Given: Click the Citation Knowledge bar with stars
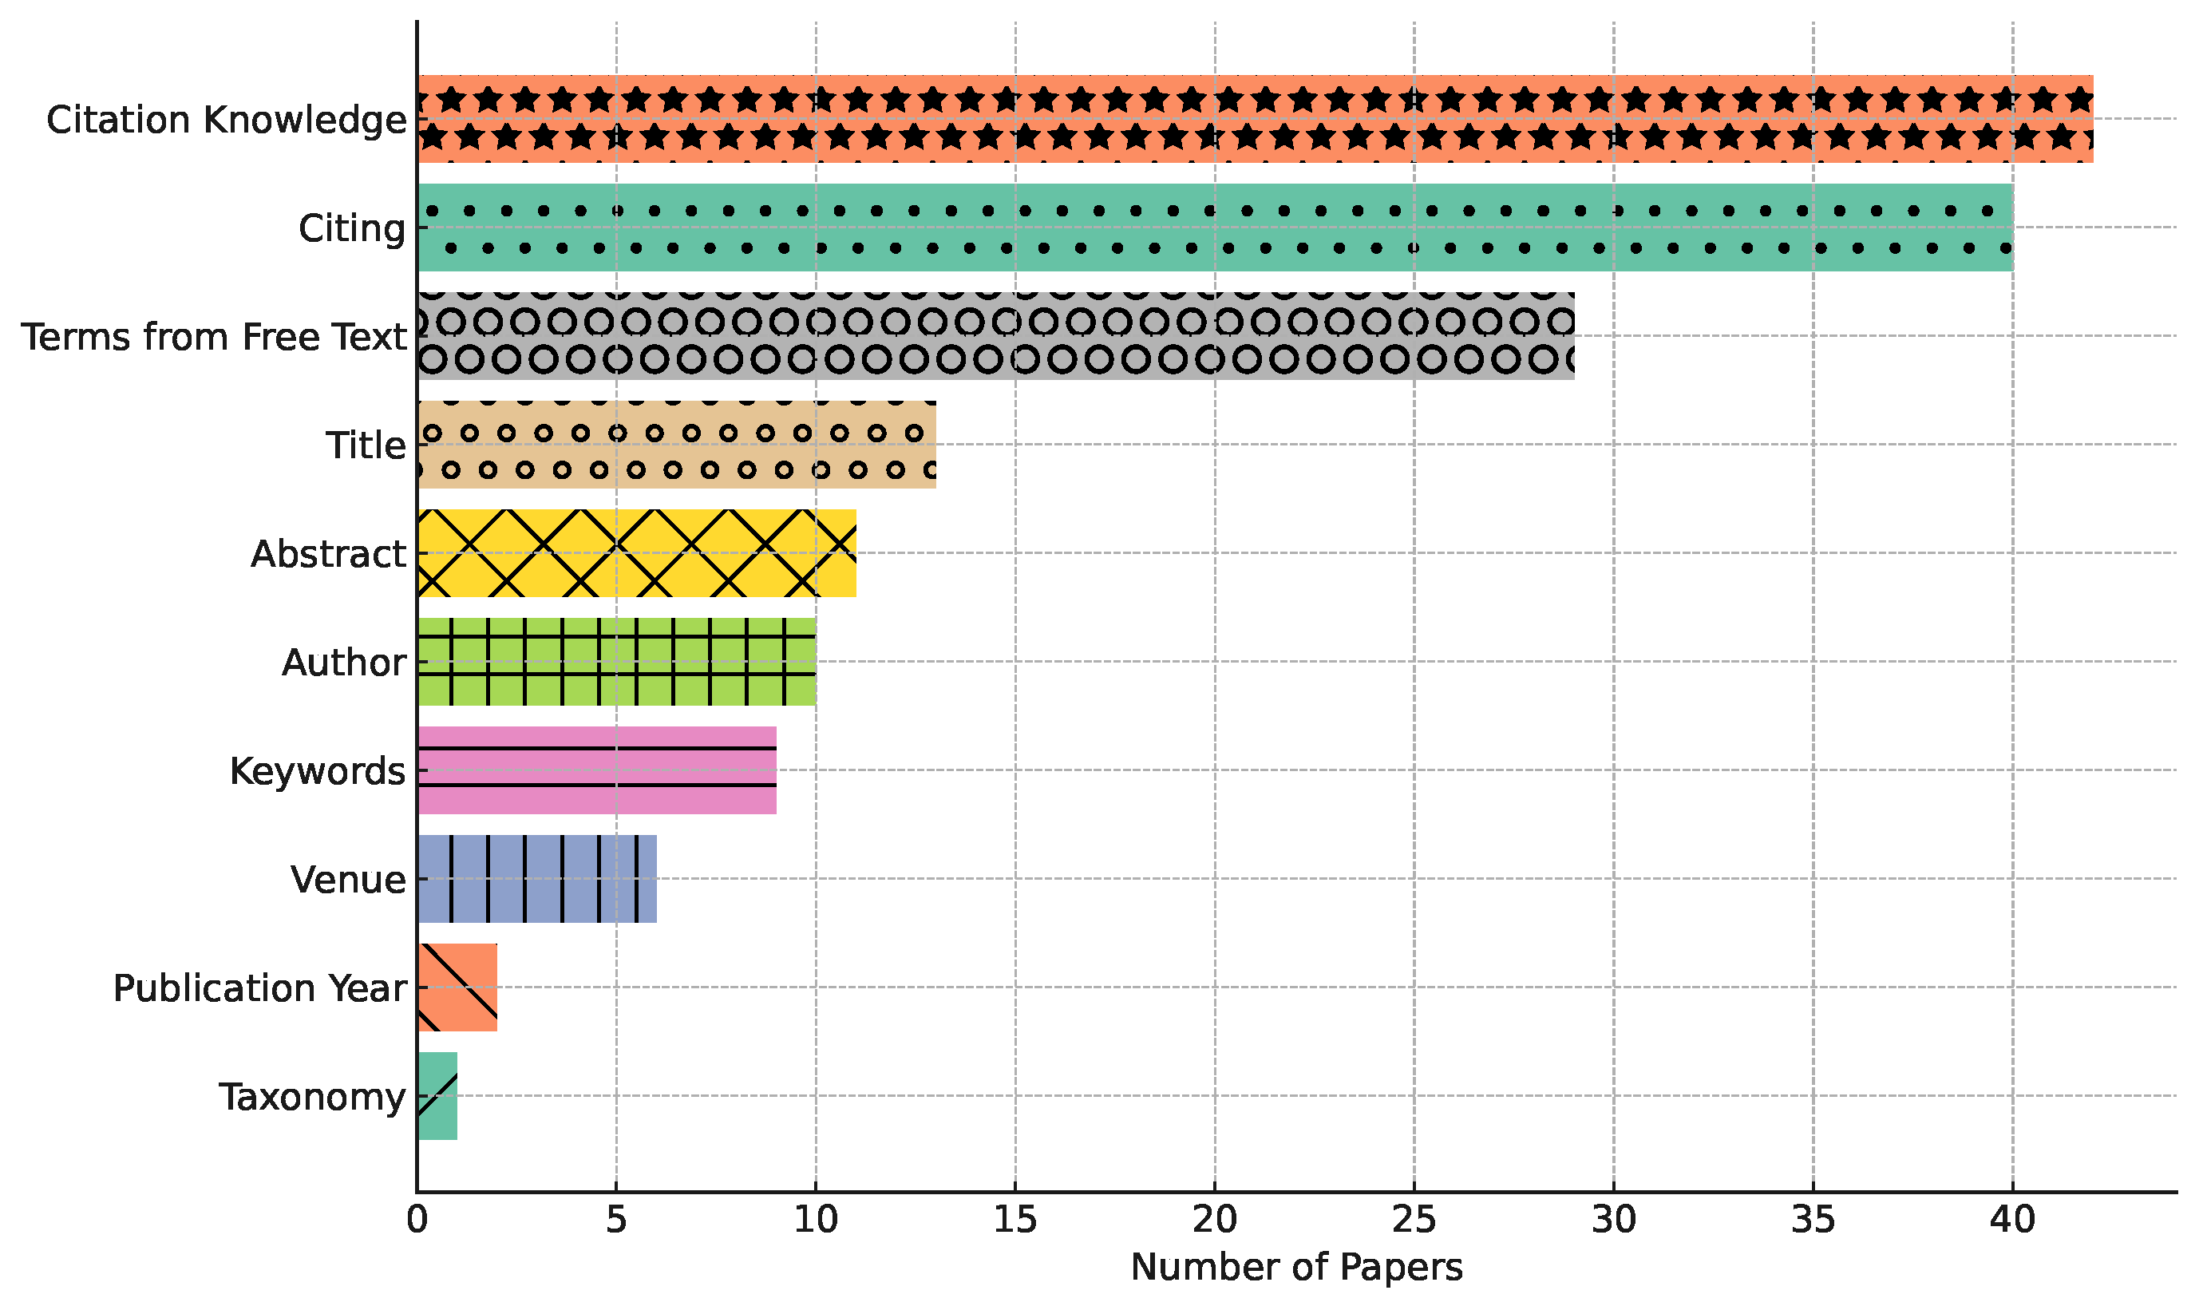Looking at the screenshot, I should tap(1255, 119).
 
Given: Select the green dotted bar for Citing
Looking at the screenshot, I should tap(1214, 227).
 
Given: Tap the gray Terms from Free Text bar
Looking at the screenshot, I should tap(995, 336).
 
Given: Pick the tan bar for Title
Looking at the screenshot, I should tap(676, 445).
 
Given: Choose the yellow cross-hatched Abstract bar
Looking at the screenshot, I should tap(636, 553).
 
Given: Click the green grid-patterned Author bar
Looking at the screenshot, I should tap(616, 662).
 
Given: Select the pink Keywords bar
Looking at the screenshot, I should tap(596, 770).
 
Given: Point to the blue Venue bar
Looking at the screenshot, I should tap(536, 879).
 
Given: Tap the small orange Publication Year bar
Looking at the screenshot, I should tap(457, 987).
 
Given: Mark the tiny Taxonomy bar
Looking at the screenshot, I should tap(437, 1097).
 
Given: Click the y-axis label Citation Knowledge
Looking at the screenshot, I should tap(226, 120).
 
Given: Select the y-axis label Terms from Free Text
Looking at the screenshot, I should tap(214, 337).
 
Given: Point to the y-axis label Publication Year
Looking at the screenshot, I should tap(259, 988).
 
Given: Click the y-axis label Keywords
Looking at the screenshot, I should tap(318, 771).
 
